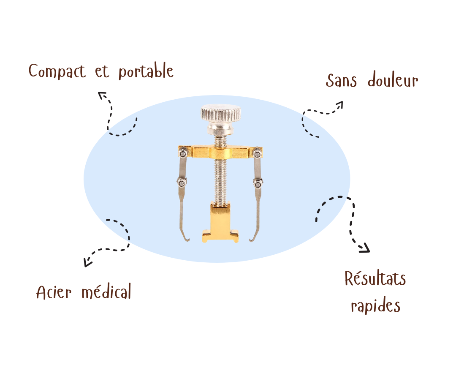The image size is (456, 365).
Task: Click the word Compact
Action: click(x=57, y=71)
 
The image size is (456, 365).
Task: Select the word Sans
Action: click(x=342, y=80)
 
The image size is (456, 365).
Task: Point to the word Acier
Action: click(x=54, y=292)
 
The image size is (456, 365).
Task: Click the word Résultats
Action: click(x=375, y=279)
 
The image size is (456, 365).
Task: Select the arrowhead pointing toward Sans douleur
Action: click(x=339, y=104)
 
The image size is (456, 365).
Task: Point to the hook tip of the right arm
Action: click(x=252, y=240)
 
